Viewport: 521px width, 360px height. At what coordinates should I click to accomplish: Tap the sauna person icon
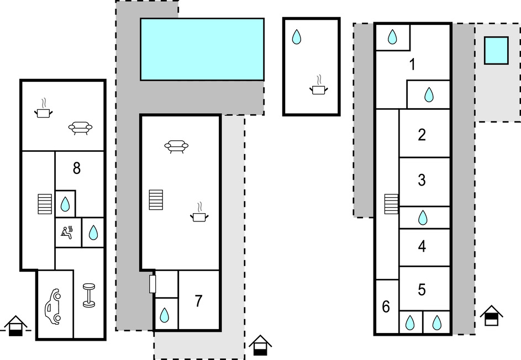[67, 233]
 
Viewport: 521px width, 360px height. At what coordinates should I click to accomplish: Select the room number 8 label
[77, 169]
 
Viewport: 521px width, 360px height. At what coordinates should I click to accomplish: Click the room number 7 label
[199, 301]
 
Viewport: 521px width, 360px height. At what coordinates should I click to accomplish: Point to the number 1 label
[412, 65]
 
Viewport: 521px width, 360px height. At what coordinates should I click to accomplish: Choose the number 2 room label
[422, 134]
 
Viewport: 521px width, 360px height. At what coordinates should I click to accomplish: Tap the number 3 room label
[422, 180]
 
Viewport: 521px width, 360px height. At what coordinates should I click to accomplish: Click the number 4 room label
[422, 246]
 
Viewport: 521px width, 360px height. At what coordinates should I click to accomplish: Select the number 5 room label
[422, 289]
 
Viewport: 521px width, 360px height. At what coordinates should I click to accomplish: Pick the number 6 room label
[386, 306]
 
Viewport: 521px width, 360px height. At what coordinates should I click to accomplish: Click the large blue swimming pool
[202, 49]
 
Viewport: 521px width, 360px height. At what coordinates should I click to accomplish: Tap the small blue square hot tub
[496, 50]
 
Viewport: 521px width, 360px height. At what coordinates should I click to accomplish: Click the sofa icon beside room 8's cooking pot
[80, 129]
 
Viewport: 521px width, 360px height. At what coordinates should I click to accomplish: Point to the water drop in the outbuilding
[297, 37]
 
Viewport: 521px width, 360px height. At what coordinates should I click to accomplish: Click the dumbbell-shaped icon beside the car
[88, 294]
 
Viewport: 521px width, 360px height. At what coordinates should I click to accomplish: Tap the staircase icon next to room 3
[391, 204]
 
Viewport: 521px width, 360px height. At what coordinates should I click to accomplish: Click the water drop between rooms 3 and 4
[423, 218]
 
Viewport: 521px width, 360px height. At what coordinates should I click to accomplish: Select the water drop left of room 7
[165, 315]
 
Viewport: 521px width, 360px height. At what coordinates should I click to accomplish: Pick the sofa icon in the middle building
[176, 146]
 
